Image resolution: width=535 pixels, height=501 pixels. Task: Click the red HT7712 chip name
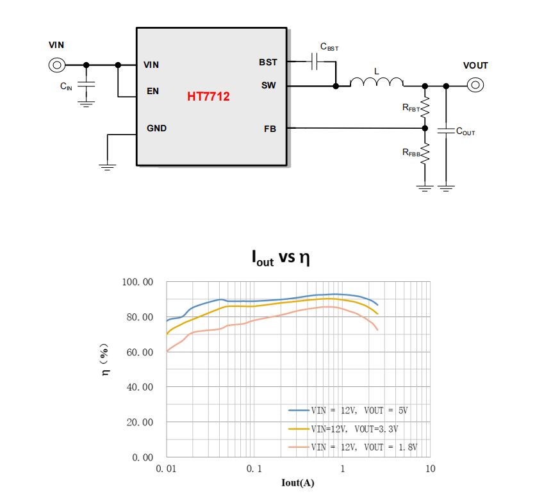[208, 96]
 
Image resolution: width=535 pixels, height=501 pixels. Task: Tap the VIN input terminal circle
[57, 65]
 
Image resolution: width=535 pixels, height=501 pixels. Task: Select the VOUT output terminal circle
[475, 85]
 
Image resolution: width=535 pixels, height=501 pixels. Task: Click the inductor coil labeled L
[377, 82]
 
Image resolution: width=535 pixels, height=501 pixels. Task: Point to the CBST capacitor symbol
[314, 62]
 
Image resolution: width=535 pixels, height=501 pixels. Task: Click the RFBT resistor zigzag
[425, 108]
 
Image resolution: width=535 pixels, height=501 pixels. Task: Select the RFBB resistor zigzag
[425, 154]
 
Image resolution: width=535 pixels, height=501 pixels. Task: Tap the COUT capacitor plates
[446, 130]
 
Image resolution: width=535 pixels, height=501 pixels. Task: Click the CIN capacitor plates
[86, 84]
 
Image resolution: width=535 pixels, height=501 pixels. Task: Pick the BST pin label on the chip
[268, 62]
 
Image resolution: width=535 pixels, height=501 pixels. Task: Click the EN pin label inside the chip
[152, 91]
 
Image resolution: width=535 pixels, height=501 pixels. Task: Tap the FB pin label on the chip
[270, 129]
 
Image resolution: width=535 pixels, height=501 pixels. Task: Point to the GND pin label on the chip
[156, 128]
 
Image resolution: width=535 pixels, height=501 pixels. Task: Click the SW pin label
[268, 85]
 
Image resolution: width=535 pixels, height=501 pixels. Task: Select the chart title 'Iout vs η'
[281, 258]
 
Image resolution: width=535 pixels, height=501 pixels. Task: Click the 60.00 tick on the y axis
[140, 352]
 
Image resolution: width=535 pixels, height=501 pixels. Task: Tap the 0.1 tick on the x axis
[254, 468]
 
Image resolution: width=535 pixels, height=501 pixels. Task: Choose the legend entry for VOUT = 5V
[348, 410]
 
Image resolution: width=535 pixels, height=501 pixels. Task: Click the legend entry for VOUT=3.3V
[343, 429]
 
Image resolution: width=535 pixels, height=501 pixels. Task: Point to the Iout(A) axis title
[297, 482]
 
